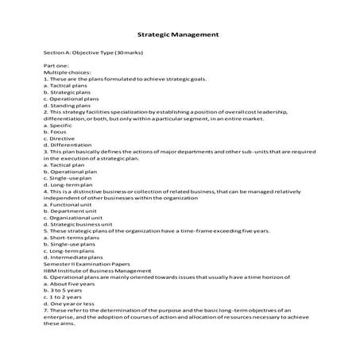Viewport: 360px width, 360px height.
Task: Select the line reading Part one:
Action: (x=56, y=65)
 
